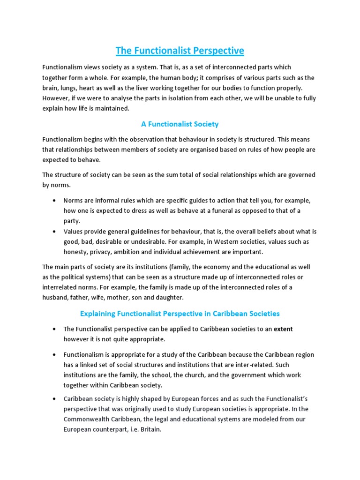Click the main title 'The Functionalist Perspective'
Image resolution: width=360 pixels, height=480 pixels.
point(180,50)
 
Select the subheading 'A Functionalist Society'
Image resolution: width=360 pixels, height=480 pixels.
point(180,124)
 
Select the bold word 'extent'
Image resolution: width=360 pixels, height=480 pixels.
point(283,329)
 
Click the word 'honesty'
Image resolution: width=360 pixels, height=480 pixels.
point(76,252)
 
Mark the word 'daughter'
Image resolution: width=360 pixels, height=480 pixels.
point(170,297)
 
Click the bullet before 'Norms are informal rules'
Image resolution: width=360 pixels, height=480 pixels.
point(55,201)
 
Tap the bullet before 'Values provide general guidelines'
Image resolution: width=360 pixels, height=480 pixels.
point(55,232)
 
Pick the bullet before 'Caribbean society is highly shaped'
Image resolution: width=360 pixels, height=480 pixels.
point(55,399)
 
